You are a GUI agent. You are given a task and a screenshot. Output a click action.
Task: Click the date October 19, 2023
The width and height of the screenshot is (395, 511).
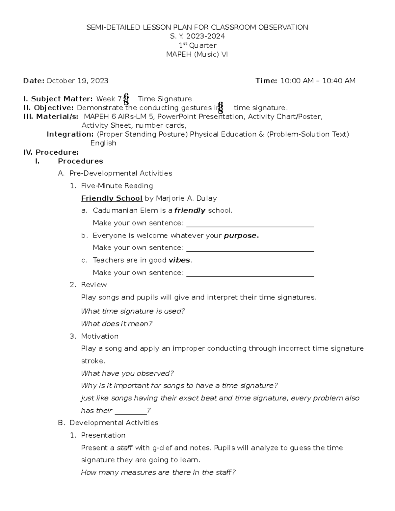[77, 81]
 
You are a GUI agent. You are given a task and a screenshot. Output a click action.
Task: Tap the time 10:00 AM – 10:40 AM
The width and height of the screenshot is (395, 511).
[318, 81]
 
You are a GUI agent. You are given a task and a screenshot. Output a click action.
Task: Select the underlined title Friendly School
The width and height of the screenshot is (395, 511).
[112, 198]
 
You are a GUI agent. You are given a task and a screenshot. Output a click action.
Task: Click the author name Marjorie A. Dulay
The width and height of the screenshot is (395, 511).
[186, 198]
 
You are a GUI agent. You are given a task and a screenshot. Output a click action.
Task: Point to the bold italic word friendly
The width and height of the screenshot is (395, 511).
[190, 211]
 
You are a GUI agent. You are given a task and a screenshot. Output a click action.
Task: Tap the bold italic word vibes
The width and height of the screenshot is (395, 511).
[179, 260]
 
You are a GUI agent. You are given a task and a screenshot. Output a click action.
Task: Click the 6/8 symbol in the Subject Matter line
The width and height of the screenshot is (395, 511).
[126, 99]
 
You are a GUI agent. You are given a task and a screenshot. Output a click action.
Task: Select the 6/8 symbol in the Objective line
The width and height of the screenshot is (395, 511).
[221, 108]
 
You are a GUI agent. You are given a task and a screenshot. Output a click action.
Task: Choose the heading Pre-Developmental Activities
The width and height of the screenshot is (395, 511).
[120, 173]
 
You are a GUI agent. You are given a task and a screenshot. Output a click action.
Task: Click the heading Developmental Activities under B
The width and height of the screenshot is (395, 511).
[114, 423]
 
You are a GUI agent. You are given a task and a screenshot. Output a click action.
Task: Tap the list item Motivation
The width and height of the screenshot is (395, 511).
[100, 336]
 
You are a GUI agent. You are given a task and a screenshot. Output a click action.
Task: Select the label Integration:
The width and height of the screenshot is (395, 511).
[70, 134]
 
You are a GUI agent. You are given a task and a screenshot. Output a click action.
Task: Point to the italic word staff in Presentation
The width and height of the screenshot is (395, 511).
[125, 448]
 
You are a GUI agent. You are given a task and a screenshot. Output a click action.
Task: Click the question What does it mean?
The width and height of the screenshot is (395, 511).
[117, 324]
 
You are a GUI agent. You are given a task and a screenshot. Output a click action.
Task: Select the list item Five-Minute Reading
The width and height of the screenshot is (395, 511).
[117, 186]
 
